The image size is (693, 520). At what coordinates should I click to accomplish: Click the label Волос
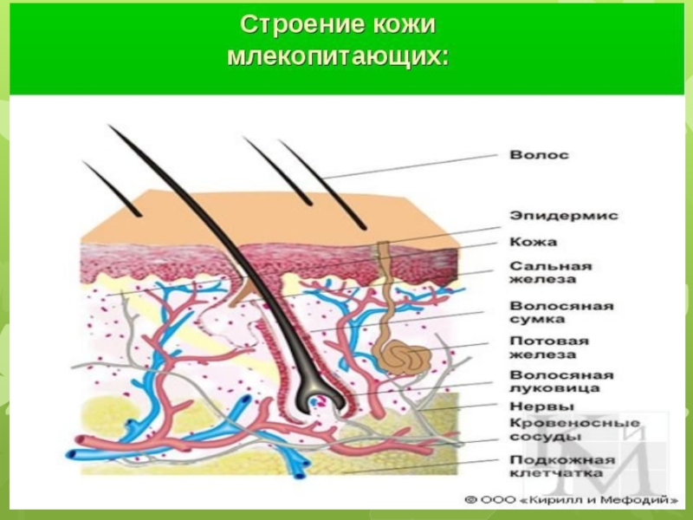click(x=539, y=155)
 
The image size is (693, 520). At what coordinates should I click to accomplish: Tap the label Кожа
click(x=533, y=242)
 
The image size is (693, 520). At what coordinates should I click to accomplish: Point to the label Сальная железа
click(x=550, y=272)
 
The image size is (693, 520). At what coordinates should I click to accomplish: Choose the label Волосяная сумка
click(x=561, y=313)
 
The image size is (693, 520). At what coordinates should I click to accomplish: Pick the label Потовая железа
click(x=549, y=348)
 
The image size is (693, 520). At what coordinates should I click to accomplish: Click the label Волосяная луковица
click(x=561, y=381)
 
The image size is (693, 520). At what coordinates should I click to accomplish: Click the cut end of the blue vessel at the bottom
click(x=300, y=474)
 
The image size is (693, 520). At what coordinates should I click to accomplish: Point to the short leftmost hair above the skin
click(x=111, y=189)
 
